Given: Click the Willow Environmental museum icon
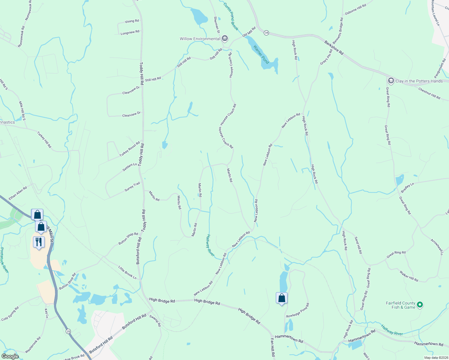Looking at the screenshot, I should pyautogui.click(x=225, y=39).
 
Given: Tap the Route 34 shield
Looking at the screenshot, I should pyautogui.click(x=266, y=33).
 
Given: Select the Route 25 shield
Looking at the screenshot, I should pyautogui.click(x=68, y=331).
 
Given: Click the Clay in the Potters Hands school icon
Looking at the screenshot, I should pyautogui.click(x=391, y=81).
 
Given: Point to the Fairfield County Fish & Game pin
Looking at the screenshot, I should pyautogui.click(x=420, y=305).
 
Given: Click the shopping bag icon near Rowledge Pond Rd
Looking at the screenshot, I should pyautogui.click(x=282, y=298).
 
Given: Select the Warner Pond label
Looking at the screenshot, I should pyautogui.click(x=261, y=54).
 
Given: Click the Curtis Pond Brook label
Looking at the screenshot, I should pyautogui.click(x=231, y=16).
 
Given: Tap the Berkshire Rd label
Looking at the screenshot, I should pyautogui.click(x=334, y=48).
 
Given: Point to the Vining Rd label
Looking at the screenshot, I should pyautogui.click(x=132, y=21).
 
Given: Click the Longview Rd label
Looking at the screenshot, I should pyautogui.click(x=130, y=32).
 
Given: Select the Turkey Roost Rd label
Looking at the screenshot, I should pyautogui.click(x=130, y=149).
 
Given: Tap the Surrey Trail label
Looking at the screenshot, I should pyautogui.click(x=132, y=187).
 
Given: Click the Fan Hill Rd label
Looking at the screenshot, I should pyautogui.click(x=273, y=347).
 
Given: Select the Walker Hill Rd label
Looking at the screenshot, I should pyautogui.click(x=409, y=276).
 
